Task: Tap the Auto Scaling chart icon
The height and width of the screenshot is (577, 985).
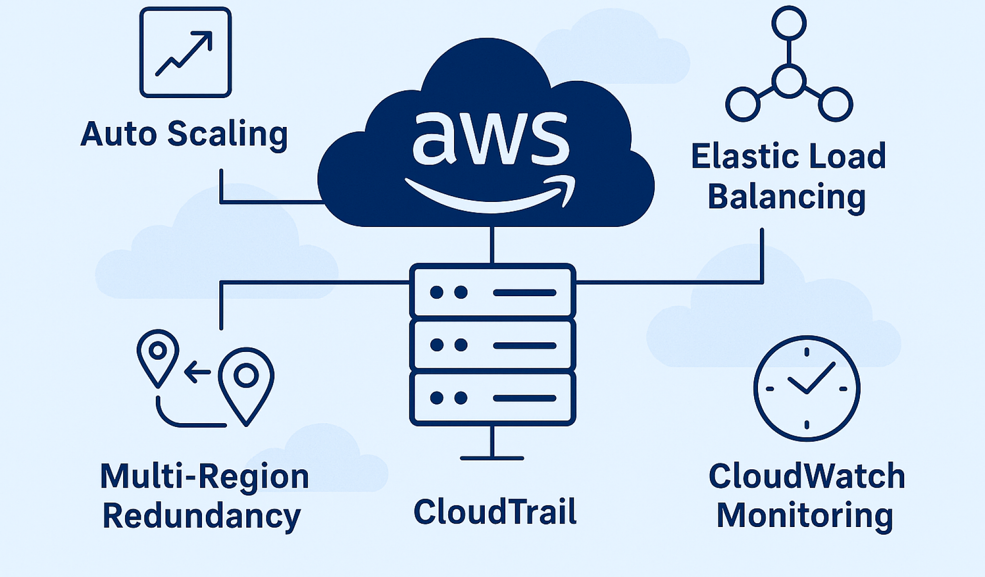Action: pyautogui.click(x=185, y=52)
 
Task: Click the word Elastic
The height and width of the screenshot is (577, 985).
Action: pyautogui.click(x=738, y=156)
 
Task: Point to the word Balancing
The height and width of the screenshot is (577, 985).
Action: pyautogui.click(x=787, y=197)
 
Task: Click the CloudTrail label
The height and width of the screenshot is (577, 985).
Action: pyautogui.click(x=495, y=512)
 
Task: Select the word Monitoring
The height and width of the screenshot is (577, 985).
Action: pyautogui.click(x=805, y=515)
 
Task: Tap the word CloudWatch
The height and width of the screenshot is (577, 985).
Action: pyautogui.click(x=807, y=476)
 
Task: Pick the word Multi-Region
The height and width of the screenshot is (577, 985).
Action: pyautogui.click(x=204, y=477)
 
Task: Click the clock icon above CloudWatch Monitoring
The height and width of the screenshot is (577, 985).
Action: pyautogui.click(x=807, y=389)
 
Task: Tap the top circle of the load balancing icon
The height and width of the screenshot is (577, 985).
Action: pyautogui.click(x=789, y=23)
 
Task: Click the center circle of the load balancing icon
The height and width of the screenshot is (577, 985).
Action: pyautogui.click(x=789, y=82)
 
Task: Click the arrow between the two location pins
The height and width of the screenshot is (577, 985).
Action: pyautogui.click(x=197, y=372)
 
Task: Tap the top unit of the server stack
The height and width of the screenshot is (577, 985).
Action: pyautogui.click(x=492, y=292)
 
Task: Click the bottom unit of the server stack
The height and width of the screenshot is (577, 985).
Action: pyautogui.click(x=492, y=398)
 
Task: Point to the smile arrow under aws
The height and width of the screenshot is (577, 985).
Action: pyautogui.click(x=491, y=197)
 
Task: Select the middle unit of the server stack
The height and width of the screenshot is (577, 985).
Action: pyautogui.click(x=492, y=345)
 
